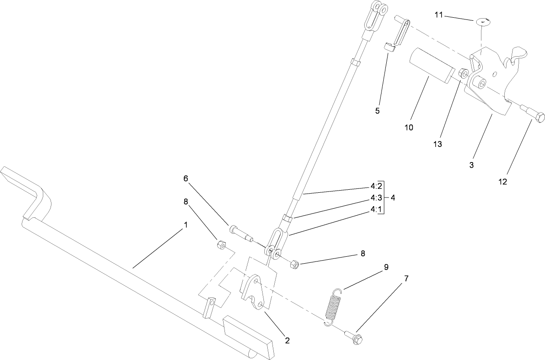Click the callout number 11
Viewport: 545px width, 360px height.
coord(439,16)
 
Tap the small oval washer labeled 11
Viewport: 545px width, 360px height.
coord(484,21)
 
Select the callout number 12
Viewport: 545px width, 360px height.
coord(502,182)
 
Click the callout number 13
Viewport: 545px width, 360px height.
coord(438,144)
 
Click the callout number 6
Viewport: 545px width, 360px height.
coord(186,178)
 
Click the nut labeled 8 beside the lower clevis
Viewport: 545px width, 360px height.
coord(295,263)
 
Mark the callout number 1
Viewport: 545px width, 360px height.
coord(186,225)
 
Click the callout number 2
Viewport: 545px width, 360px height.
coord(286,340)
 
